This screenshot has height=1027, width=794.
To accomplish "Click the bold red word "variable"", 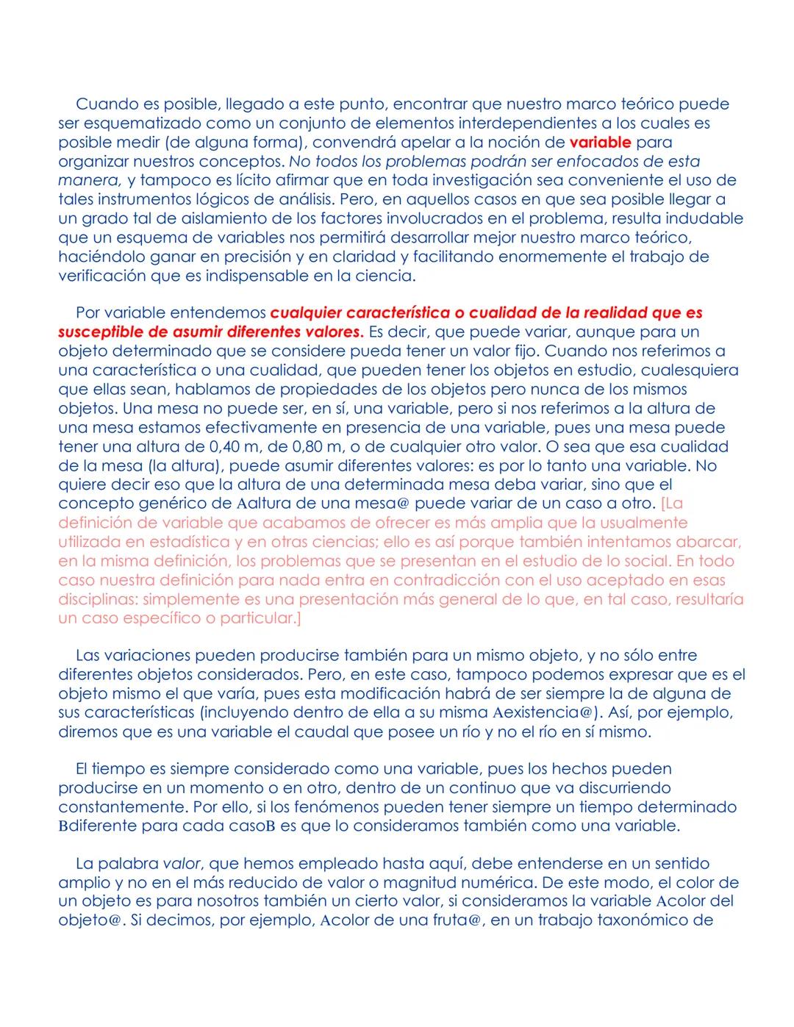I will click(600, 142).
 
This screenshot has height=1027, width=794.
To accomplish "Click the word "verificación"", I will click(101, 276).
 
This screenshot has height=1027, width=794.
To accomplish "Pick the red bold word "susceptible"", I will click(101, 332).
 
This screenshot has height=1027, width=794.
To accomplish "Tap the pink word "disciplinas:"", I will click(98, 599).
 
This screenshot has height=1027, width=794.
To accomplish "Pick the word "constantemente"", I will click(116, 806).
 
